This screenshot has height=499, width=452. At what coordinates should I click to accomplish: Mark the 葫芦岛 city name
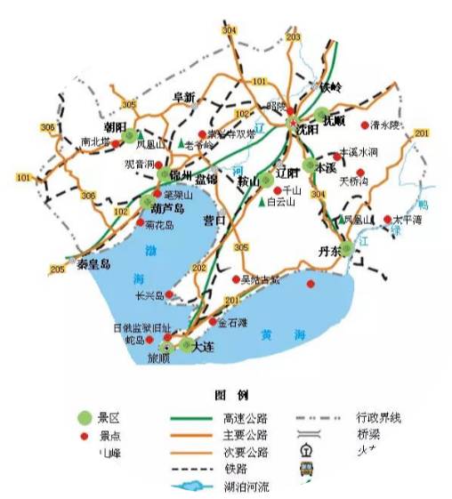(x=167, y=209)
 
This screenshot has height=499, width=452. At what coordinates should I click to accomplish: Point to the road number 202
(x=198, y=267)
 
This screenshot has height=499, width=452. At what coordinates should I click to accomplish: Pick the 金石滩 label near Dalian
(x=234, y=323)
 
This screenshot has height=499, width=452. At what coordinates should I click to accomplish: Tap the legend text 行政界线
(x=380, y=416)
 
